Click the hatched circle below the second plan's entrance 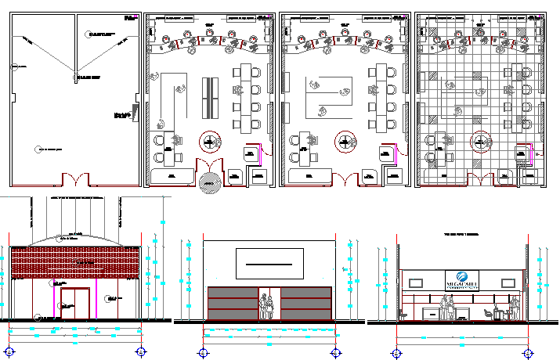(207, 183)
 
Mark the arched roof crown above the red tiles (75, 237)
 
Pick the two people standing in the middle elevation (267, 305)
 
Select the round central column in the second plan (210, 142)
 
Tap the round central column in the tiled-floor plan (480, 142)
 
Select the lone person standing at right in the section (514, 308)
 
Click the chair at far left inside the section (403, 314)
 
